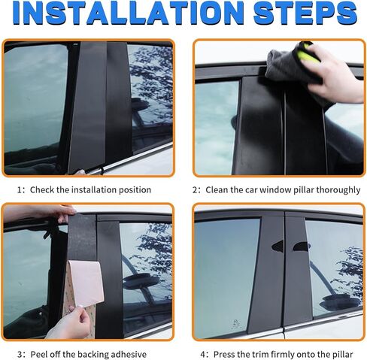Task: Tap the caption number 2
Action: click(x=197, y=190)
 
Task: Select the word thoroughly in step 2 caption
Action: click(x=337, y=190)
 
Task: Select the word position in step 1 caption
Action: click(x=133, y=190)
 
